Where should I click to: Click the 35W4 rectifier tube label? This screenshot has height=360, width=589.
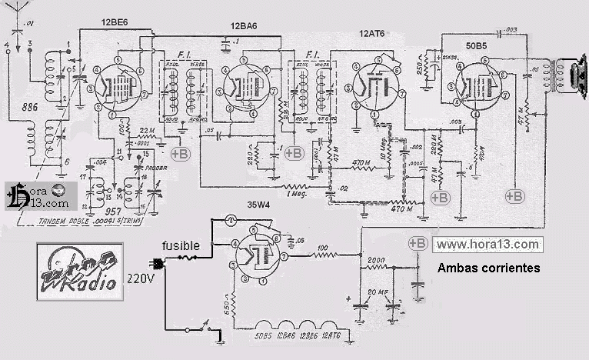252,206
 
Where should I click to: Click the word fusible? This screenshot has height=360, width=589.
181,246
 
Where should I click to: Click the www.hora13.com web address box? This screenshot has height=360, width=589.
487,245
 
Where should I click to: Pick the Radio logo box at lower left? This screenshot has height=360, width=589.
78,273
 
